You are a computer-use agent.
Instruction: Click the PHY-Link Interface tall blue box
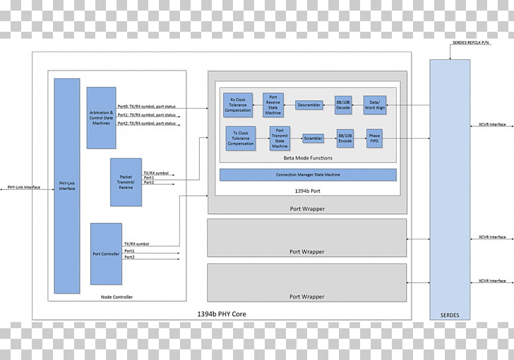tap(67, 186)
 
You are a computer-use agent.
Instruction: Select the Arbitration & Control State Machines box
tap(101, 118)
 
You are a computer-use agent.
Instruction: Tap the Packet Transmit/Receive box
tap(126, 182)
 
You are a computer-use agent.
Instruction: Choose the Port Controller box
tap(106, 253)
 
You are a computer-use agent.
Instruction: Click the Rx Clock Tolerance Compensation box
tap(238, 104)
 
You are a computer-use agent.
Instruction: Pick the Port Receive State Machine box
tap(273, 104)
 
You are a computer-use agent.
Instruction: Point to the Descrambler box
tap(309, 105)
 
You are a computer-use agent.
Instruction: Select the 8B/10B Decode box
tap(343, 105)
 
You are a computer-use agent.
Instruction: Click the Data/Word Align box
tap(374, 105)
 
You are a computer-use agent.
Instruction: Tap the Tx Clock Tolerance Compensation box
tap(240, 138)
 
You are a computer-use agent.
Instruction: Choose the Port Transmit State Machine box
tap(280, 138)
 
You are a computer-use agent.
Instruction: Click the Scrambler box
tap(313, 138)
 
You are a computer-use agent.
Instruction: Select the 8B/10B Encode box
tap(345, 138)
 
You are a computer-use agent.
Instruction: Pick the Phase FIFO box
tap(374, 138)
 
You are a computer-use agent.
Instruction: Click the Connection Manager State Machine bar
tap(308, 175)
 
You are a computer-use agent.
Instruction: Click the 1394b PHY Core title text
tap(222, 313)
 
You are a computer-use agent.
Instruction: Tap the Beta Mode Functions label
tap(308, 158)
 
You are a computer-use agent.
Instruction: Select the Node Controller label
tap(117, 297)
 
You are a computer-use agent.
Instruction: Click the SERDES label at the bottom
tap(450, 314)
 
